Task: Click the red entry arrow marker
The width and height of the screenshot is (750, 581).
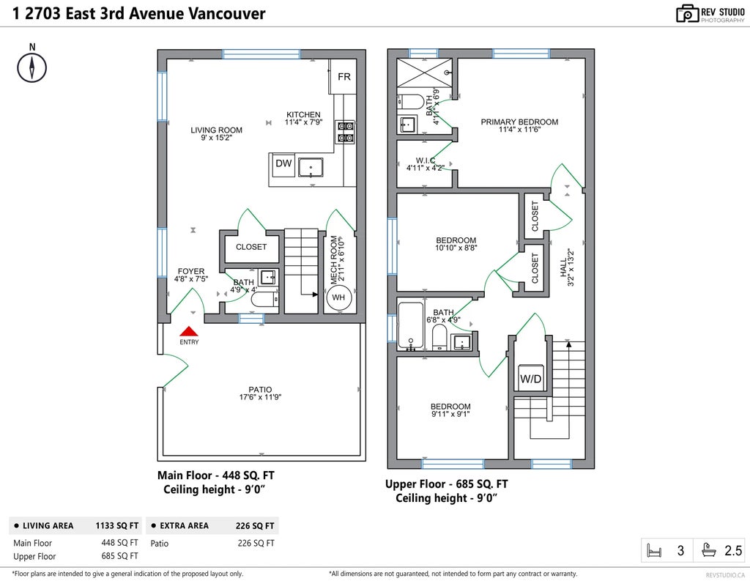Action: (189, 331)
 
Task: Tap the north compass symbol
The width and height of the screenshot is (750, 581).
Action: (31, 67)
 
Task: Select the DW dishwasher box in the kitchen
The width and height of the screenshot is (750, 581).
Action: (283, 164)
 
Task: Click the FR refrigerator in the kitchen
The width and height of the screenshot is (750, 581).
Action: (344, 77)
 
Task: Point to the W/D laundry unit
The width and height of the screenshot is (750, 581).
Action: (531, 379)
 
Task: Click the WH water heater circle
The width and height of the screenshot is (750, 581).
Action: (338, 297)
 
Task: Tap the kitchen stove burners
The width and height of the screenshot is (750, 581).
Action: (345, 131)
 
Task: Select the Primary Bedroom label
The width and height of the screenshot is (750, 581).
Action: (519, 122)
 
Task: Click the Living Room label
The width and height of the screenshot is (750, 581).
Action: (216, 130)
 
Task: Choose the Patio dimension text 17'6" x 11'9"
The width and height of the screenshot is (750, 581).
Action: (260, 398)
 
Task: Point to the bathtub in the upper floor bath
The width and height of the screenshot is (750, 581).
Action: (411, 327)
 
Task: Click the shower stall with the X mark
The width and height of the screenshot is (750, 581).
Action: (423, 74)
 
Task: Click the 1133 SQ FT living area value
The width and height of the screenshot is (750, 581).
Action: (116, 525)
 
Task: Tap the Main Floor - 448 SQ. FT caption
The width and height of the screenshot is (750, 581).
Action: (216, 475)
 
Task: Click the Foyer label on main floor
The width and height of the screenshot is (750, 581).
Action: (191, 271)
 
